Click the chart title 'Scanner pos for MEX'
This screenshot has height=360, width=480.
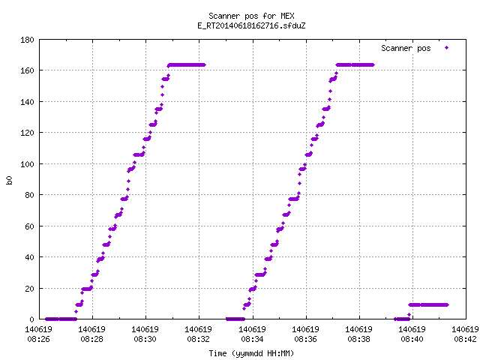coord(251,16)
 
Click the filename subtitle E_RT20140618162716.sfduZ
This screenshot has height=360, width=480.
coord(251,25)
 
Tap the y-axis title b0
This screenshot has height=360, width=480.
coord(9,180)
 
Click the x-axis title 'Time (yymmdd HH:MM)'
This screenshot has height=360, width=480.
coord(251,353)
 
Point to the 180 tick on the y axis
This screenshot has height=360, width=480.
coord(27,40)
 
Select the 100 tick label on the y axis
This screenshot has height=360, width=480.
coord(27,164)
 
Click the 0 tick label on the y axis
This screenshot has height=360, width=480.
coord(31,319)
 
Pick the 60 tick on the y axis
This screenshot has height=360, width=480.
coord(29,226)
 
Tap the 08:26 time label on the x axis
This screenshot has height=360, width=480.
coord(38,339)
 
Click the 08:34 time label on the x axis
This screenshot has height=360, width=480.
coord(252,339)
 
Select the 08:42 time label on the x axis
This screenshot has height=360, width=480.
coord(465,339)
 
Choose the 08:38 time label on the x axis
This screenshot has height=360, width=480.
coord(358,339)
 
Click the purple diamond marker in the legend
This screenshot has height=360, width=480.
coord(447,48)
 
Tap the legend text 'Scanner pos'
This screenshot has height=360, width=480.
coord(406,48)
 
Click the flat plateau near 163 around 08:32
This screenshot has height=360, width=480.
coord(187,65)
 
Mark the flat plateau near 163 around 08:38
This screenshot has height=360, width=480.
coord(355,65)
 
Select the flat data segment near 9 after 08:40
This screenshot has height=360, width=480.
coord(428,305)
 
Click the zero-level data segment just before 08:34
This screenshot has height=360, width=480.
coord(235,319)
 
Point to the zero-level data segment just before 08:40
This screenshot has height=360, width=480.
coord(402,319)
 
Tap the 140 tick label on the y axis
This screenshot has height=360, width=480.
coord(27,102)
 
